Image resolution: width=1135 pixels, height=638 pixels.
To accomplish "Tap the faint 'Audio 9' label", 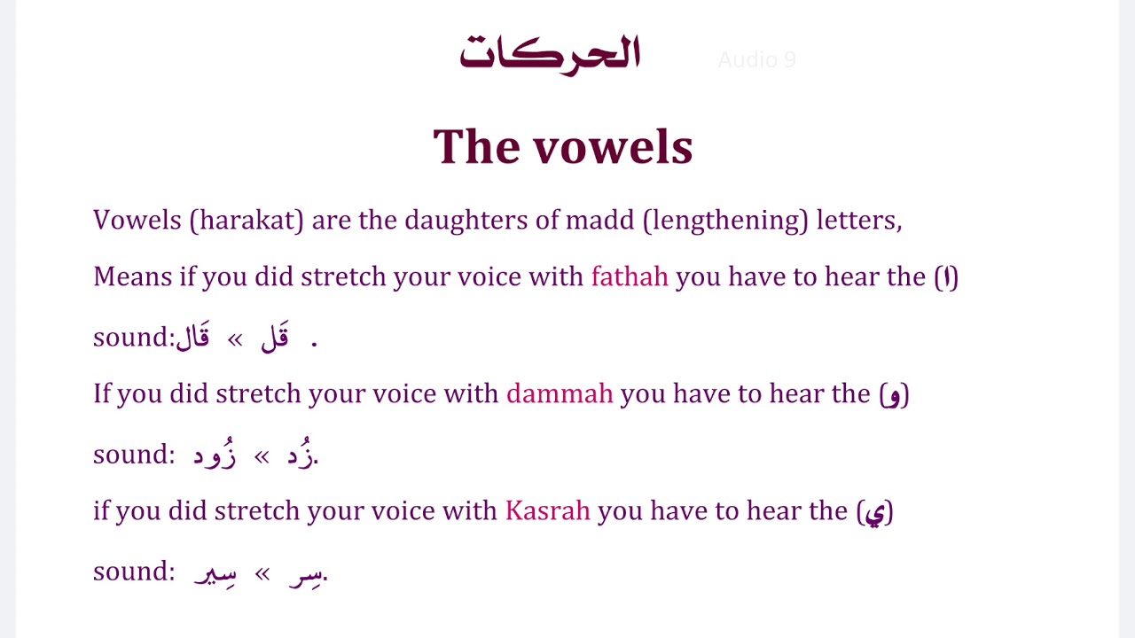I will click(756, 60).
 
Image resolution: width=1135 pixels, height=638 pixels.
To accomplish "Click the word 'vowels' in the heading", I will click(613, 147).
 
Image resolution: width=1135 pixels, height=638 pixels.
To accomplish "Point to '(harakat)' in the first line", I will click(247, 220).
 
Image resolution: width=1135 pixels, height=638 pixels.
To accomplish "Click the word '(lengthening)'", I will click(725, 220).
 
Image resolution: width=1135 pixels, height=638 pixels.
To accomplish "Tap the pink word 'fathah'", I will click(630, 276).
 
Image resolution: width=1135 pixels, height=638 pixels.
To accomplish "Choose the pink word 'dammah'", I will click(560, 393).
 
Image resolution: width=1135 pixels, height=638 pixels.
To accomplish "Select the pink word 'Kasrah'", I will click(547, 510).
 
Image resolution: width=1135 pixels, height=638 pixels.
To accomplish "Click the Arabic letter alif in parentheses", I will click(947, 277).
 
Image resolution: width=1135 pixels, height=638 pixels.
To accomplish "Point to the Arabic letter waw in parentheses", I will click(894, 394).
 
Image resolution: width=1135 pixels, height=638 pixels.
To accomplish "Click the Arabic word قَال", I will click(193, 337).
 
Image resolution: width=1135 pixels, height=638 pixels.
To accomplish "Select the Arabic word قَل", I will click(275, 337).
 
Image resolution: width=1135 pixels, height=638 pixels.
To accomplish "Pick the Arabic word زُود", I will click(215, 455).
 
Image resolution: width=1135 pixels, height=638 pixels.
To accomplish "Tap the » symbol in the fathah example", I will click(235, 338).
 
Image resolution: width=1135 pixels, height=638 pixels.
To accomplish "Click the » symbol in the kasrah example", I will click(262, 573).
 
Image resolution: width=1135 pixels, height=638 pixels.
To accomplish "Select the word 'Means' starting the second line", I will click(132, 276).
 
